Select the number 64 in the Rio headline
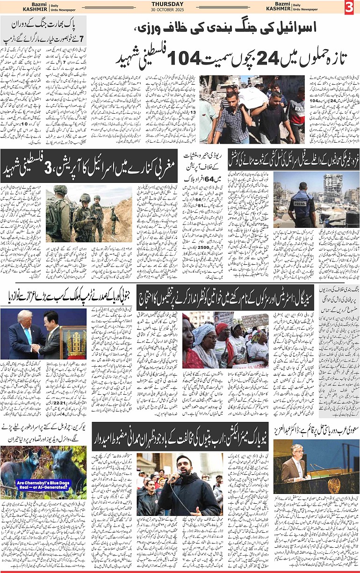(x=197, y=179)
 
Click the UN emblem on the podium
(x=333, y=486)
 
